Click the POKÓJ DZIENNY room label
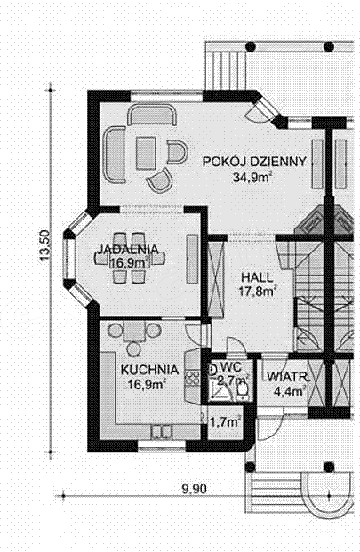click(x=254, y=161)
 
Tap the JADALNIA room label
click(x=127, y=249)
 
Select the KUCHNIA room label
click(x=149, y=370)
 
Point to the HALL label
click(x=257, y=277)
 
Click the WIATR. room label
click(x=288, y=377)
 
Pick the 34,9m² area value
click(x=253, y=177)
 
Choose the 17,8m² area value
click(x=257, y=292)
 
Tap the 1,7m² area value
click(x=225, y=421)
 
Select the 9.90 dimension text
click(x=195, y=489)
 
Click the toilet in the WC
click(x=242, y=390)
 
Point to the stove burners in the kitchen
click(x=192, y=378)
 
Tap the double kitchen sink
click(x=161, y=432)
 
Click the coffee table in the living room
click(x=146, y=154)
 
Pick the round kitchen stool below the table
click(x=133, y=348)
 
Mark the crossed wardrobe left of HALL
click(x=216, y=276)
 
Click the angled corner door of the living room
click(x=266, y=108)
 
